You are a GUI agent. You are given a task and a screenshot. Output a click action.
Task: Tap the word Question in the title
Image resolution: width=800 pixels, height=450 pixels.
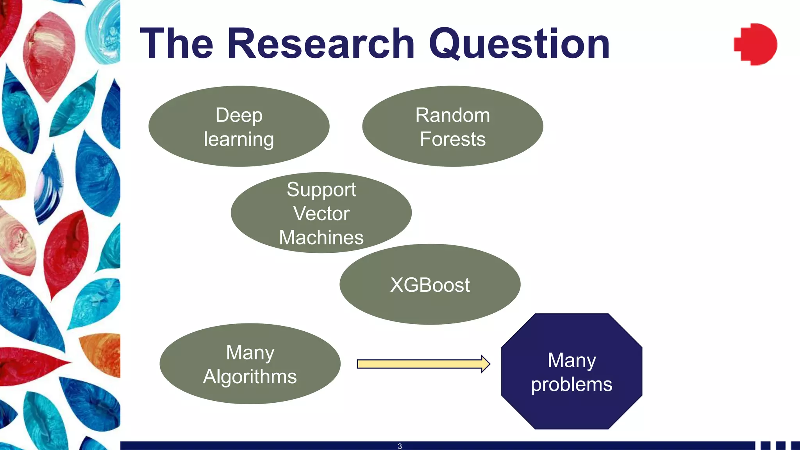click(520, 44)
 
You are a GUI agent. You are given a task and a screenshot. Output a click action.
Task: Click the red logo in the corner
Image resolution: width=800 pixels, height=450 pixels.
click(755, 44)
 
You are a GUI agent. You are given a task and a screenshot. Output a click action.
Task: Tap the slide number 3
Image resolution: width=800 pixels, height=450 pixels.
click(400, 446)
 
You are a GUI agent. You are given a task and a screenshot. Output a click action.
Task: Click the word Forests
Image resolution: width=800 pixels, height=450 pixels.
click(453, 139)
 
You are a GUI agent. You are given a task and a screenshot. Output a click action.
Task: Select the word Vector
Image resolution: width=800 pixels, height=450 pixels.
click(321, 213)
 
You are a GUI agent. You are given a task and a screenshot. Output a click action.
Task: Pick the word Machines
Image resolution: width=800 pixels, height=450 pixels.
click(321, 237)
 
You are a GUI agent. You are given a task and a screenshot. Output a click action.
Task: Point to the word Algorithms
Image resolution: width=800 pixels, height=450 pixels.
click(250, 377)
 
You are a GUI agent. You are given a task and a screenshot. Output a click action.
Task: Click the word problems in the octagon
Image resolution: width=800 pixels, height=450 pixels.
click(571, 384)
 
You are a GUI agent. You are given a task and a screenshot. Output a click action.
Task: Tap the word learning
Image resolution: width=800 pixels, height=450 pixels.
click(239, 139)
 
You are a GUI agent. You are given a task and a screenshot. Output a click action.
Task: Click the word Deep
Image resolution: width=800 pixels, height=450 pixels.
click(239, 116)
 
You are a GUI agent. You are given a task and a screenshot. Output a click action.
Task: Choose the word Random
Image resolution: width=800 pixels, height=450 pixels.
click(453, 115)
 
